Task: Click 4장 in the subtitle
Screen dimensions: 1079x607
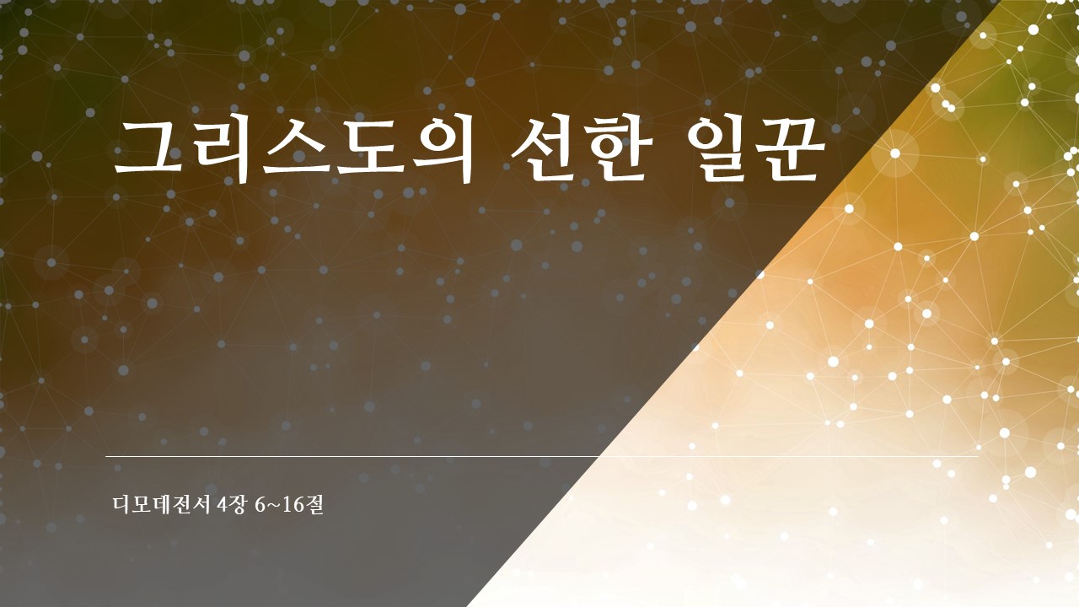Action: pos(231,504)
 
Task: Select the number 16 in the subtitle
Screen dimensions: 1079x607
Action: pos(292,505)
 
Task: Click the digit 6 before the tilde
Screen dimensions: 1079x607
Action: pos(260,505)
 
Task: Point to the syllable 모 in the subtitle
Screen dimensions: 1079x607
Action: pos(142,504)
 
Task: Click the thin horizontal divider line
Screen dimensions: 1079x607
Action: pos(542,456)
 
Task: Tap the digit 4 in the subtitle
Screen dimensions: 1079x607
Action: pos(222,505)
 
